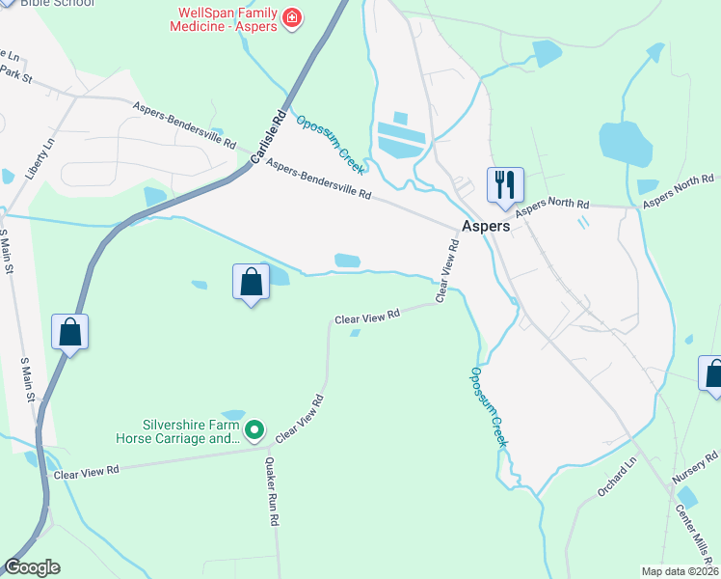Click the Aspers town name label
486,226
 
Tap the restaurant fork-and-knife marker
505,182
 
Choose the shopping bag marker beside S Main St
70,332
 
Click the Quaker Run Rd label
272,491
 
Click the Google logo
32,567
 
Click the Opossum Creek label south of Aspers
489,405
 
